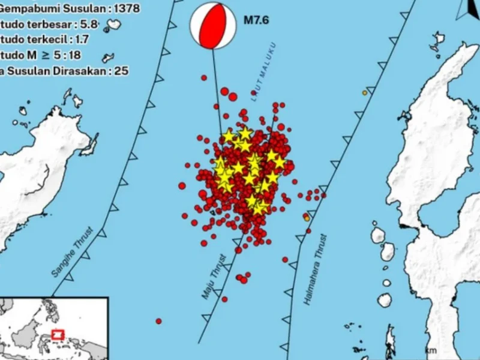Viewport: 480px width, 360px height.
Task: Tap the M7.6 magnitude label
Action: [256, 21]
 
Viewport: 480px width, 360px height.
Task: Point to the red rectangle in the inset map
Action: [58, 334]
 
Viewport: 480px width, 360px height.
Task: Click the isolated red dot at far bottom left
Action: [159, 321]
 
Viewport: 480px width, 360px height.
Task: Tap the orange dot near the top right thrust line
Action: [364, 92]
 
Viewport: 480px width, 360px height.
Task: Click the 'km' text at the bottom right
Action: [430, 350]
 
